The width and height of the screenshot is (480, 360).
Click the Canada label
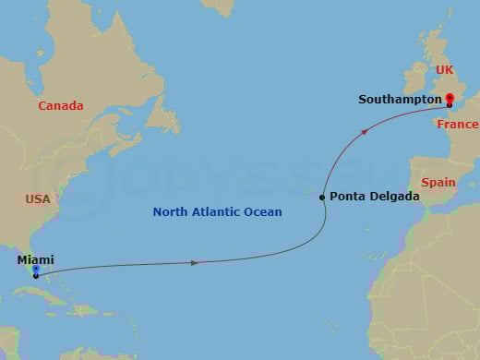[61, 106]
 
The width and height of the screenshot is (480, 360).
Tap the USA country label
[38, 198]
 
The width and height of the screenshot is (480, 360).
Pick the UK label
[445, 70]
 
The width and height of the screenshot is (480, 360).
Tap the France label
[458, 125]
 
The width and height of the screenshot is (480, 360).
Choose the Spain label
[438, 183]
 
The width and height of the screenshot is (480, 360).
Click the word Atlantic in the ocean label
[217, 212]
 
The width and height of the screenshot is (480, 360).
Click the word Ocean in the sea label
[263, 212]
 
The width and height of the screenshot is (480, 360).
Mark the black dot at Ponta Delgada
[321, 198]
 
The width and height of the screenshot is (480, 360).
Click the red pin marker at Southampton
[450, 97]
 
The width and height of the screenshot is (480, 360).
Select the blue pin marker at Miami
[35, 270]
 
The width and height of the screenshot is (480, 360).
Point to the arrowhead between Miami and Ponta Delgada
[194, 263]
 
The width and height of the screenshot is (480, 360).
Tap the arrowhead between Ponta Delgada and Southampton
[366, 133]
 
